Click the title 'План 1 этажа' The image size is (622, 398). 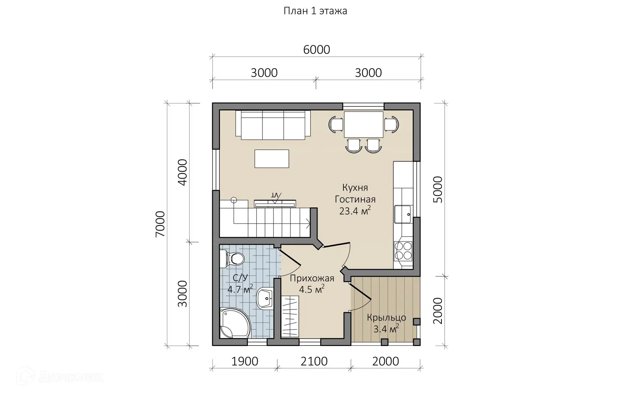pyautogui.click(x=315, y=11)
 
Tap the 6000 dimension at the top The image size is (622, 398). pyautogui.click(x=317, y=50)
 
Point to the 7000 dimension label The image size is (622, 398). pyautogui.click(x=160, y=224)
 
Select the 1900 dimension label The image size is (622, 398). pyautogui.click(x=245, y=362)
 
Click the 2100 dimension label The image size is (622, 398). pyautogui.click(x=314, y=362)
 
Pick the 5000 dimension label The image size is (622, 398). pyautogui.click(x=438, y=189)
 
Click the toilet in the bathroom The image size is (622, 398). pyautogui.click(x=232, y=259)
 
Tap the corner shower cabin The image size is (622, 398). pyautogui.click(x=235, y=323)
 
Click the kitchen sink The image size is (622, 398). pyautogui.click(x=403, y=214)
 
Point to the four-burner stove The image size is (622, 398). pyautogui.click(x=403, y=251)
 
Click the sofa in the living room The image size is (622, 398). pyautogui.click(x=273, y=125)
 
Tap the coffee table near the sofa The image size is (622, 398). pyautogui.click(x=272, y=158)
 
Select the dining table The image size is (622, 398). pyautogui.click(x=364, y=125)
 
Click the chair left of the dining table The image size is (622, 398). pyautogui.click(x=336, y=125)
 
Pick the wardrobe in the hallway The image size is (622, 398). pyautogui.click(x=290, y=317)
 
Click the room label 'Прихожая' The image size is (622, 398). pyautogui.click(x=312, y=278)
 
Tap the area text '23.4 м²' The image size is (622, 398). pyautogui.click(x=355, y=210)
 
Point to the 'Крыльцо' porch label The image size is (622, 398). pyautogui.click(x=387, y=317)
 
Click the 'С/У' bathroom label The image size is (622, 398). pyautogui.click(x=240, y=278)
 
